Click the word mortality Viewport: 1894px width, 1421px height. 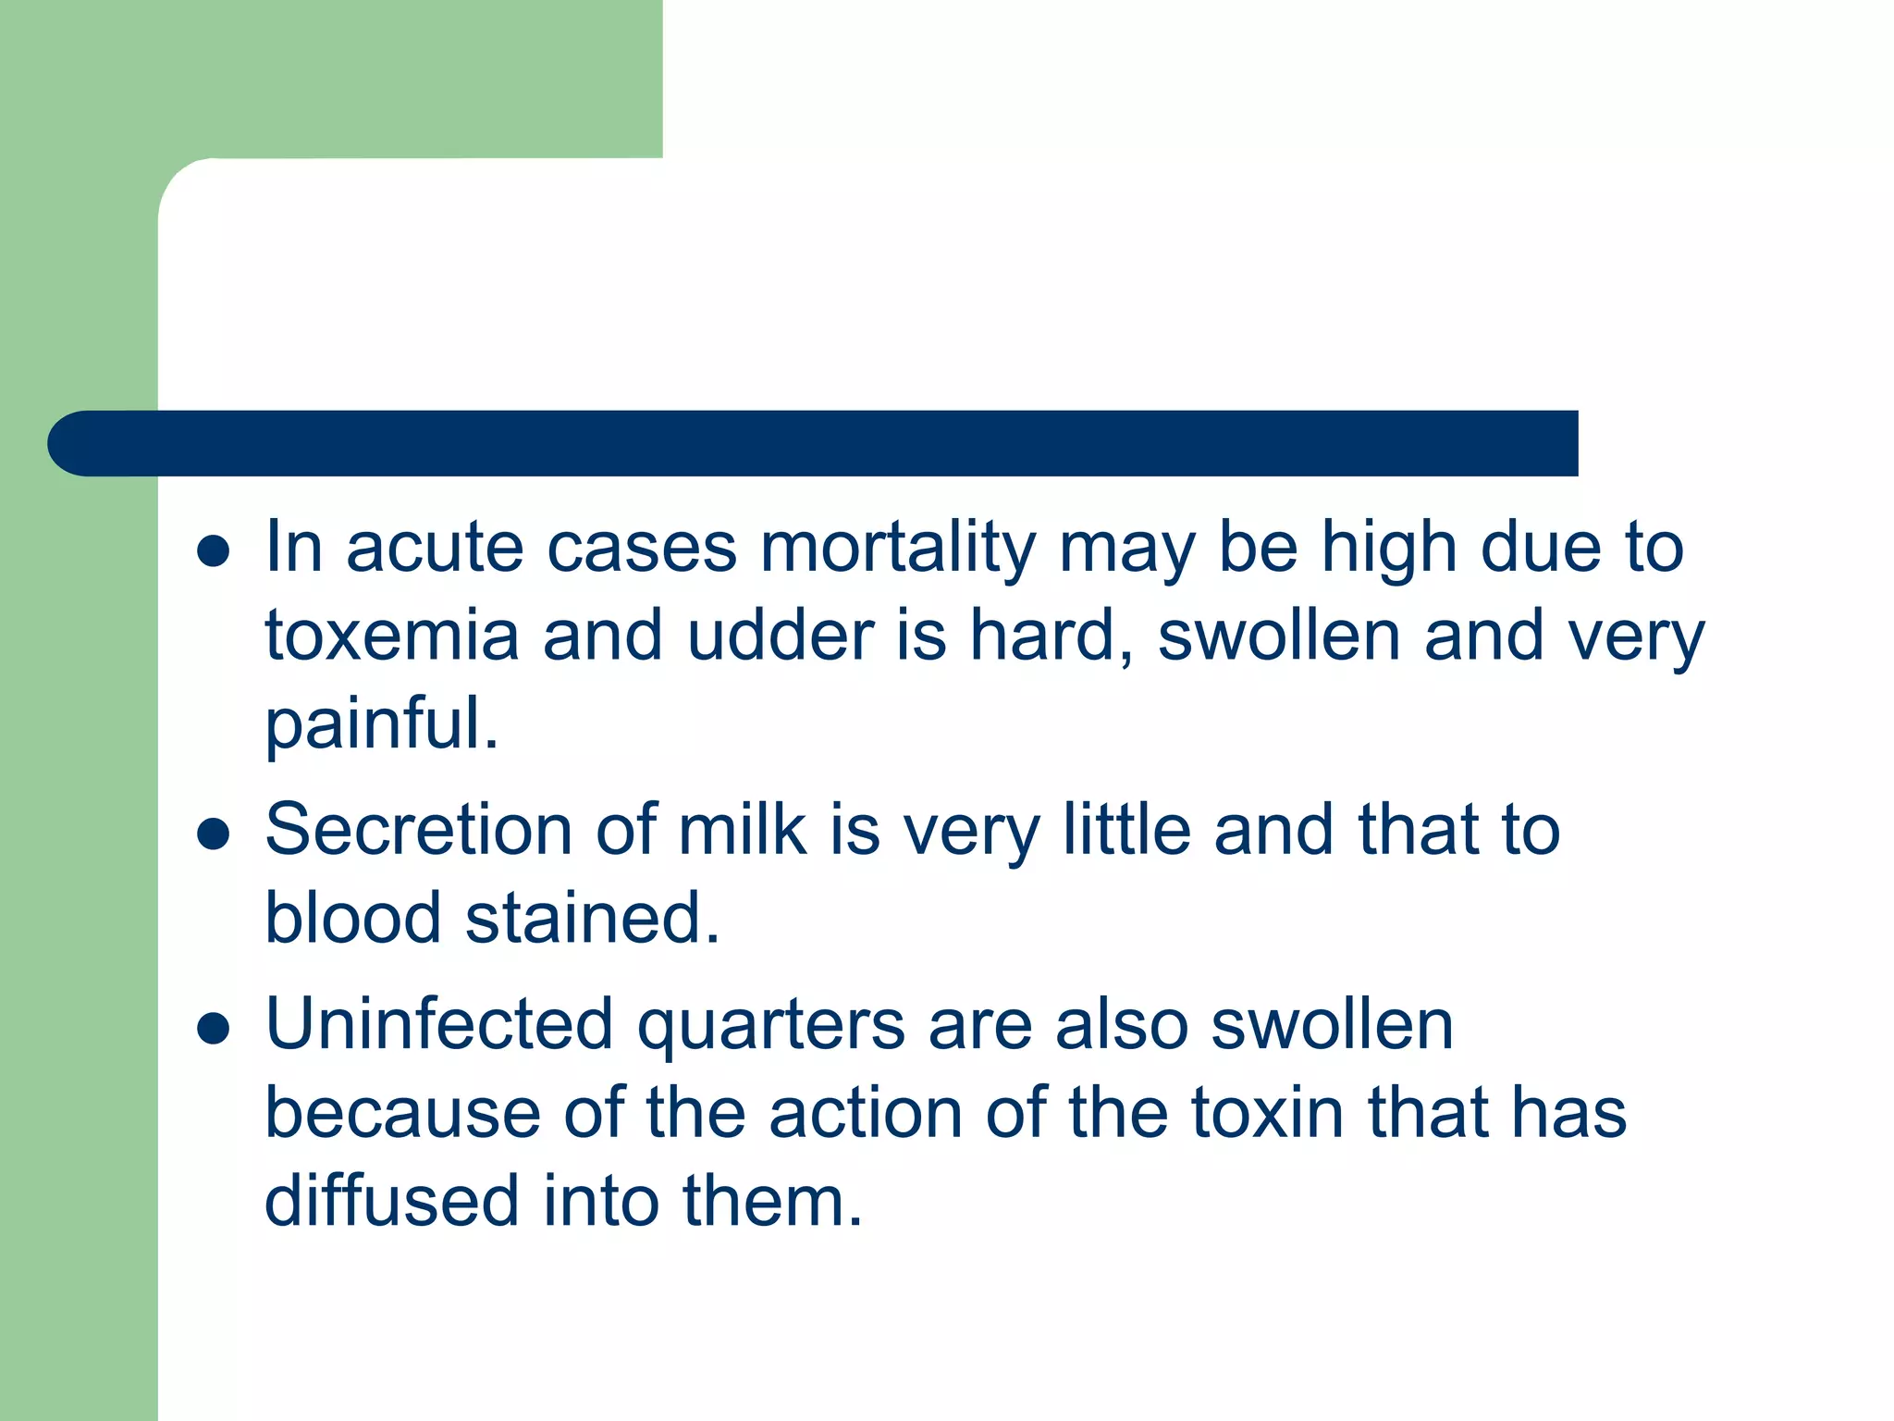click(x=897, y=549)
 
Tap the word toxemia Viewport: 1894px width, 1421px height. click(x=392, y=636)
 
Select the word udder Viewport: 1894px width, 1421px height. click(x=781, y=636)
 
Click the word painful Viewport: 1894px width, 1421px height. click(x=381, y=724)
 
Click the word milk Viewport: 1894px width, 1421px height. click(x=743, y=830)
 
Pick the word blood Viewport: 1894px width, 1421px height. click(x=353, y=919)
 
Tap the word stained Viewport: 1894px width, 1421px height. click(x=592, y=919)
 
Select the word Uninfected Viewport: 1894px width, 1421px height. click(x=439, y=1024)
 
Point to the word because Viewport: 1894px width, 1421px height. click(x=403, y=1113)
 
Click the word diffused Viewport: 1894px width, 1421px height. click(x=392, y=1201)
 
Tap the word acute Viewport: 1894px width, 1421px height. click(x=435, y=549)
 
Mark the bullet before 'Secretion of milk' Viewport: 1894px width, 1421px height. click(x=214, y=834)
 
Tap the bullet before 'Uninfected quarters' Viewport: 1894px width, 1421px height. click(x=214, y=1028)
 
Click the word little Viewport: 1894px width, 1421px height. click(x=1126, y=830)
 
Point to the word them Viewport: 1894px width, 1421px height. click(x=772, y=1201)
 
